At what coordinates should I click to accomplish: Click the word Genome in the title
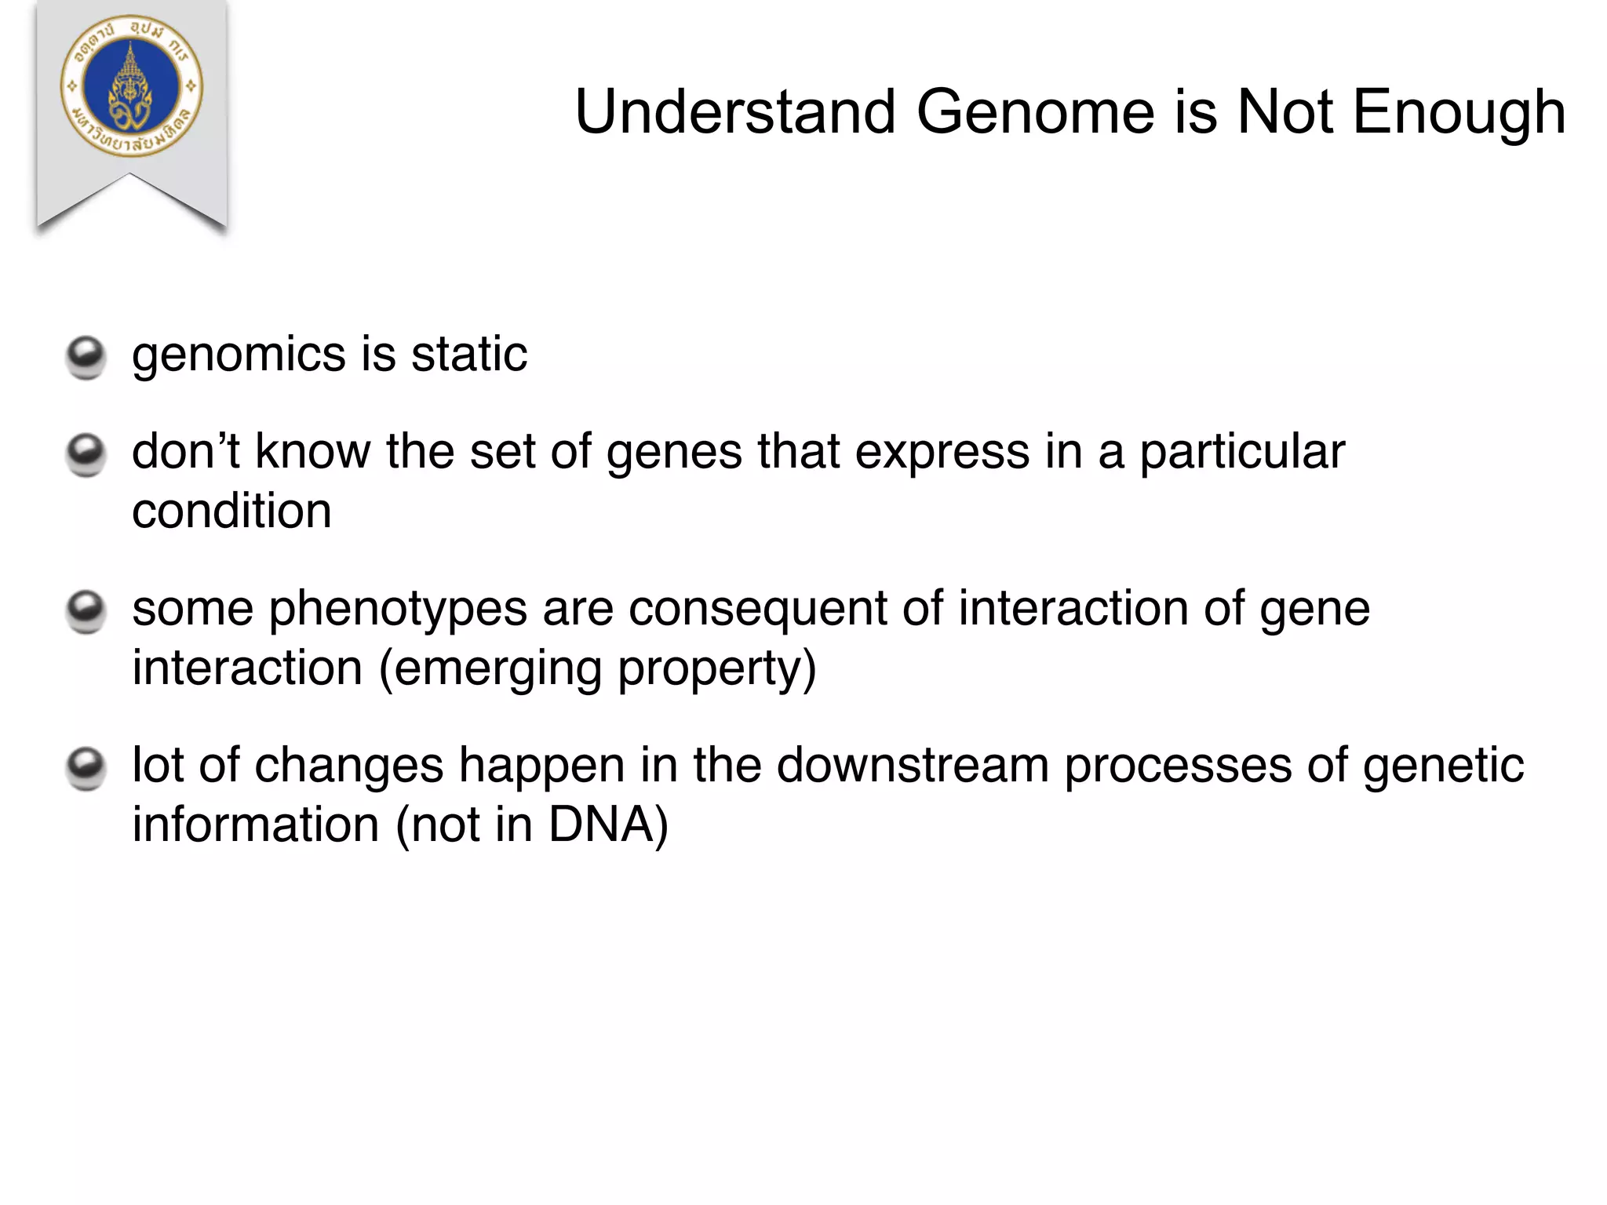tap(1035, 112)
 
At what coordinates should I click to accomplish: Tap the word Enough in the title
tap(1459, 112)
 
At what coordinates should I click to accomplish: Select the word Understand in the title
tap(735, 112)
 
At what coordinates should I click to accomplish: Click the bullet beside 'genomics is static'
tap(85, 357)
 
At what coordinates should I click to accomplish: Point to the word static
tap(468, 355)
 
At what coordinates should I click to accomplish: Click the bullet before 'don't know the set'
tap(85, 454)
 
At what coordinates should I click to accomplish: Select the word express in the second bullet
tap(942, 453)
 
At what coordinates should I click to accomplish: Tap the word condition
tap(231, 511)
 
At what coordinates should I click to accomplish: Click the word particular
tap(1241, 453)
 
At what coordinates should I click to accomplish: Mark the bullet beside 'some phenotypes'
tap(85, 611)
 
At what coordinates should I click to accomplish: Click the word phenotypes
tap(398, 610)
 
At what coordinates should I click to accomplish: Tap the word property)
tap(716, 669)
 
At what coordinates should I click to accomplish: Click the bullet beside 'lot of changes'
tap(85, 768)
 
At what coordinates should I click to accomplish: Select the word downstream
tap(913, 766)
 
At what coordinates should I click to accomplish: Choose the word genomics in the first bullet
tap(239, 355)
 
